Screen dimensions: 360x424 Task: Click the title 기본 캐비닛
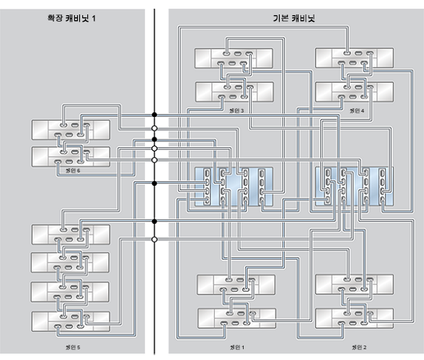296,17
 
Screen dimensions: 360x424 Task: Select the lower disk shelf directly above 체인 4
354,92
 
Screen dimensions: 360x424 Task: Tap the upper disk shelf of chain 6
71,130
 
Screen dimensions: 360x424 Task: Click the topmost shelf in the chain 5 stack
71,233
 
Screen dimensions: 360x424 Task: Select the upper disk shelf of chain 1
234,284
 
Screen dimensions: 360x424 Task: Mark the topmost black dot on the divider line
154,115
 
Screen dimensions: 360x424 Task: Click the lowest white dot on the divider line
154,239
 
